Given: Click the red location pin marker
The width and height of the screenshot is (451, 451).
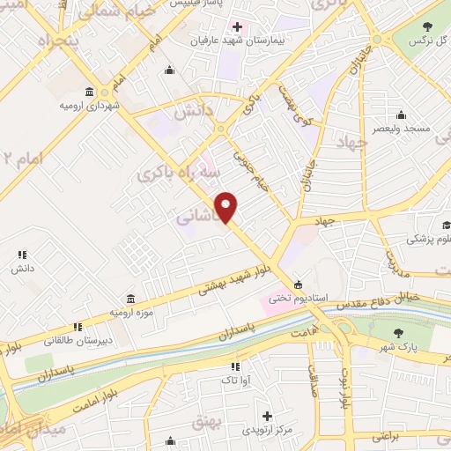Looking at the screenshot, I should coord(227,207).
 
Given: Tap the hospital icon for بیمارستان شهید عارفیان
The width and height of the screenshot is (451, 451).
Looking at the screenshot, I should coord(237,26).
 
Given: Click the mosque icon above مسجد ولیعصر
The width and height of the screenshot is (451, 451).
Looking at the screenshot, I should coord(402,115).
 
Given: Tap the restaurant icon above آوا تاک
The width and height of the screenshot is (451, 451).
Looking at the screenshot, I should coord(234,366).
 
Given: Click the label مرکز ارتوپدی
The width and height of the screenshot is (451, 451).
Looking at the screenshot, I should coord(266,431).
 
